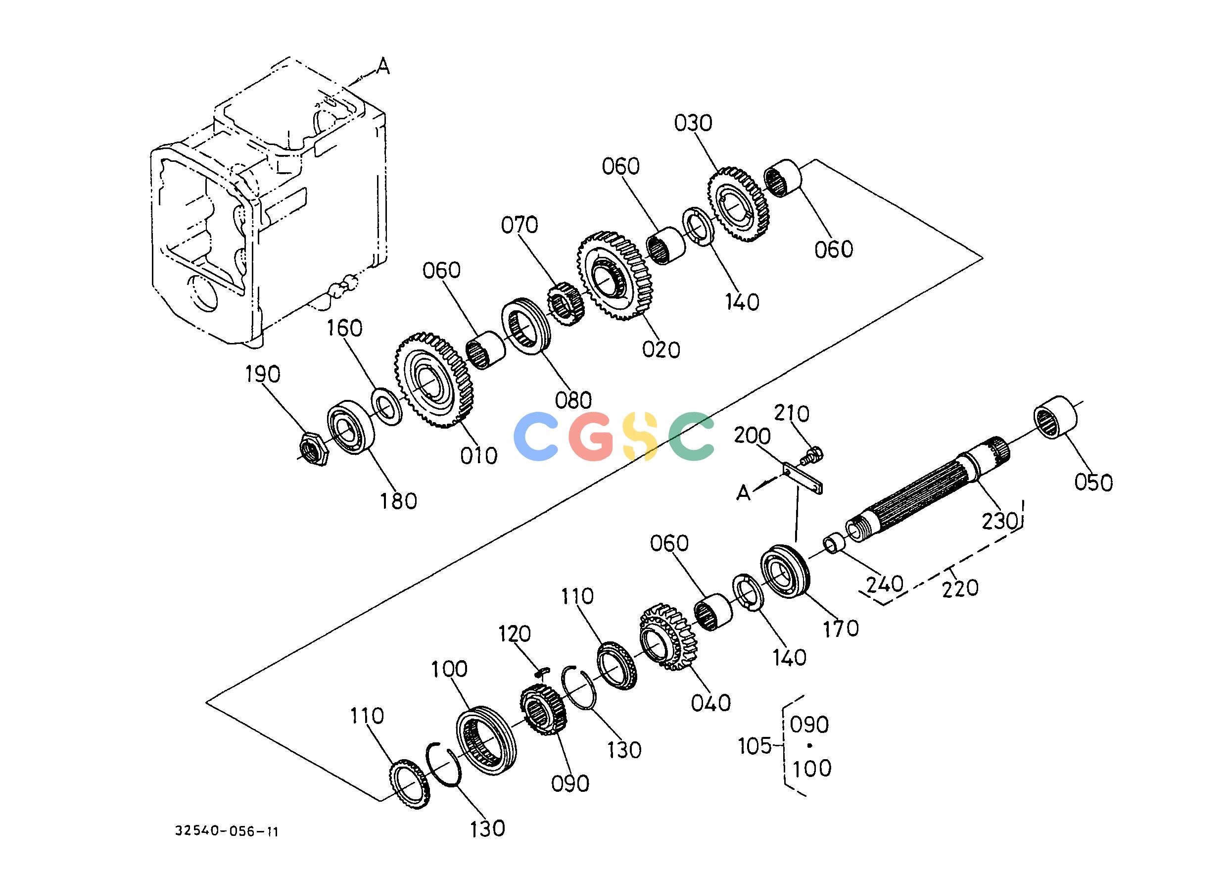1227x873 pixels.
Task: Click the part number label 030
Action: pyautogui.click(x=693, y=124)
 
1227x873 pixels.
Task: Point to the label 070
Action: pyautogui.click(x=519, y=225)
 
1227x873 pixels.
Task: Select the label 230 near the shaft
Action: pyautogui.click(x=999, y=520)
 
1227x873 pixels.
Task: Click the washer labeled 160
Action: pyautogui.click(x=386, y=406)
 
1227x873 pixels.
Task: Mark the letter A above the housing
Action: pyautogui.click(x=382, y=66)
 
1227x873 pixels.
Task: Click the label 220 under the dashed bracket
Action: pyautogui.click(x=960, y=587)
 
